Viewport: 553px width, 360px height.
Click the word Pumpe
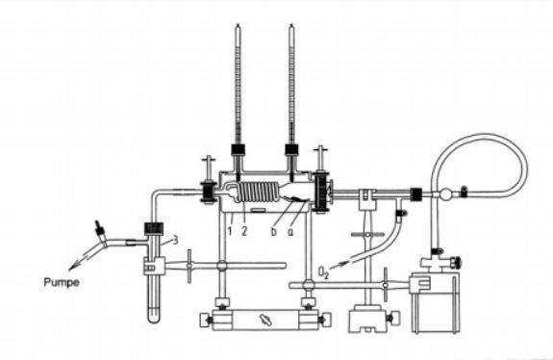[x=62, y=282]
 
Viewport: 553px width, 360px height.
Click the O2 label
[x=323, y=272]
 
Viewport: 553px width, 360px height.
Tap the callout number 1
[x=230, y=231]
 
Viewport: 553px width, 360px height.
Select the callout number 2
[x=244, y=231]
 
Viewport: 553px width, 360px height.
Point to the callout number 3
[x=175, y=241]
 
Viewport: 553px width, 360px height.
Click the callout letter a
[x=290, y=232]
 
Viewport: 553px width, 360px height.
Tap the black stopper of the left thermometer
[x=239, y=149]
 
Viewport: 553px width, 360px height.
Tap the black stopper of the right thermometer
[x=291, y=149]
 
